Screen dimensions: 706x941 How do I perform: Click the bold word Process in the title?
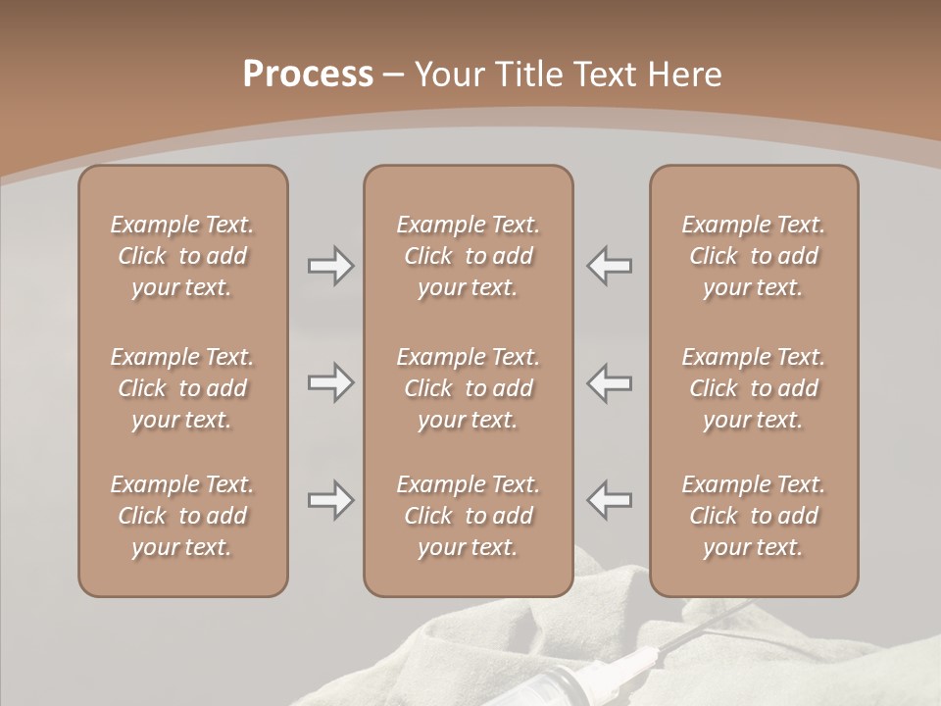click(308, 75)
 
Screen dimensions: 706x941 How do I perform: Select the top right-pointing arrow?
click(330, 266)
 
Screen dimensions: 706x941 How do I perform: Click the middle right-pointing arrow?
click(330, 382)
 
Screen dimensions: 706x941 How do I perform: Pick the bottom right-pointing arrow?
click(330, 500)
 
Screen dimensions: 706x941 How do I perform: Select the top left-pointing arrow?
click(610, 266)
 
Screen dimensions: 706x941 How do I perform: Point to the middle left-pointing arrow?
click(610, 382)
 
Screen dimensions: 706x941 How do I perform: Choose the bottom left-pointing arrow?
click(610, 500)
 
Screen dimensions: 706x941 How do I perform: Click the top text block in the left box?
click(182, 256)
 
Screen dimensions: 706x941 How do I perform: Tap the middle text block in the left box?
click(182, 388)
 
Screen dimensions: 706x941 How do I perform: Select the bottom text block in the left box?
click(182, 516)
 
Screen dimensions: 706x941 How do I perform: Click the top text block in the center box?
click(468, 256)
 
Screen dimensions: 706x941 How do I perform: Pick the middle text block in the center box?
click(468, 388)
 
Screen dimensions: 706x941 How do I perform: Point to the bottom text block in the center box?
click(468, 516)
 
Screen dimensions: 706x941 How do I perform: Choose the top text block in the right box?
click(753, 256)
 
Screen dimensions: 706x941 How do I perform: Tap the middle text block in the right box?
click(753, 388)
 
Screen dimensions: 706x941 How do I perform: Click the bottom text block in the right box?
click(753, 516)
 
